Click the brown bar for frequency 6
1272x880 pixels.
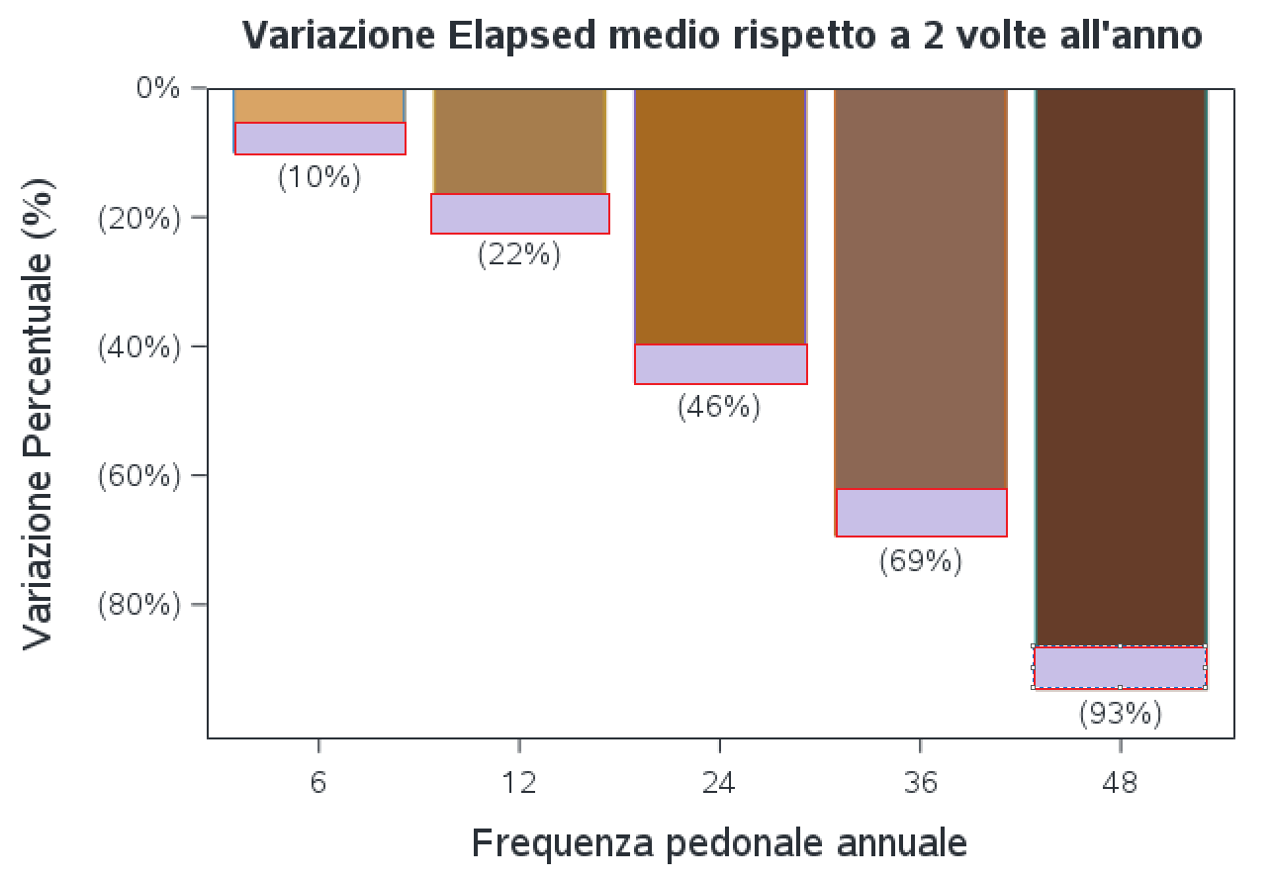click(319, 105)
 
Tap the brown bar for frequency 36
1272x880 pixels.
click(921, 287)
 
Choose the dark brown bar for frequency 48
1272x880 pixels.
click(1121, 366)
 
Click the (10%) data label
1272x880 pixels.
click(319, 177)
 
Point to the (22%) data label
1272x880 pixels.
click(519, 254)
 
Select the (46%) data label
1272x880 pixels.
click(719, 407)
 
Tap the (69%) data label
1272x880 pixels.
click(921, 561)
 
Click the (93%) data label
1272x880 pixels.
click(1121, 713)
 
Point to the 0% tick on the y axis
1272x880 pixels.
click(158, 88)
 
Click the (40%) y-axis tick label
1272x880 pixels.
click(140, 346)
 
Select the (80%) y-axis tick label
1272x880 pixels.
click(140, 605)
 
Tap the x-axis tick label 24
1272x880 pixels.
click(719, 783)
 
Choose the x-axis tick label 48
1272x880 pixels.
click(1121, 783)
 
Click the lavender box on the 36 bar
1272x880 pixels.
click(921, 513)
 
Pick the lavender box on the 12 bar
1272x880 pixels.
click(519, 214)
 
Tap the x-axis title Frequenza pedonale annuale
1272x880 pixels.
click(719, 843)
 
